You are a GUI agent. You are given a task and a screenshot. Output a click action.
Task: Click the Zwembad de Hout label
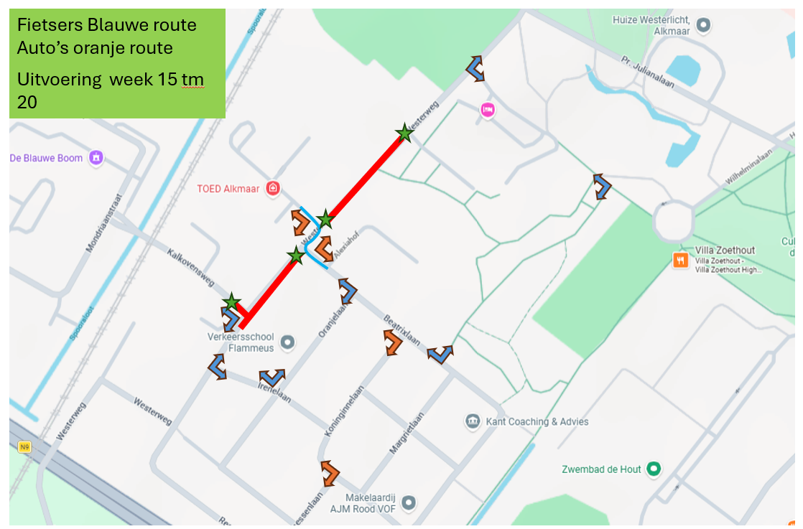pos(601,469)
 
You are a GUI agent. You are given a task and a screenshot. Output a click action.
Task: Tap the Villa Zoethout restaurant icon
pos(679,260)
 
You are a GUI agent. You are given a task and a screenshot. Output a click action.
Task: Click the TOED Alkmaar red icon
pos(272,189)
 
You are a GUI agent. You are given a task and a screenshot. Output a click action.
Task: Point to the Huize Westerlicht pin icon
pos(704,26)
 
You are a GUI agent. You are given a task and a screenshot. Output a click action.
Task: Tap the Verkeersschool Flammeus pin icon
pos(287,342)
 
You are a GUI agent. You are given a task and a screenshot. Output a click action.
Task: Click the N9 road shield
pos(25,447)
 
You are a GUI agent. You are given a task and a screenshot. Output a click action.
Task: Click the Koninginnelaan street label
pos(351,412)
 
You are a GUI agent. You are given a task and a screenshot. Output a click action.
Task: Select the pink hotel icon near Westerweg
pos(488,110)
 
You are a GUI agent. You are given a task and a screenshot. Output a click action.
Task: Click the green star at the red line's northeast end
pos(404,133)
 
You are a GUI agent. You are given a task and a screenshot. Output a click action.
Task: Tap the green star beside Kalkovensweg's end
pos(231,302)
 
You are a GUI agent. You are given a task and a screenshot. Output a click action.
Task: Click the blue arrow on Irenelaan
pos(271,376)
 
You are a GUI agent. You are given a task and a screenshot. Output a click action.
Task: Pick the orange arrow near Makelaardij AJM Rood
pos(330,472)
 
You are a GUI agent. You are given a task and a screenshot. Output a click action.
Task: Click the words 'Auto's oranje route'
pos(95,48)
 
